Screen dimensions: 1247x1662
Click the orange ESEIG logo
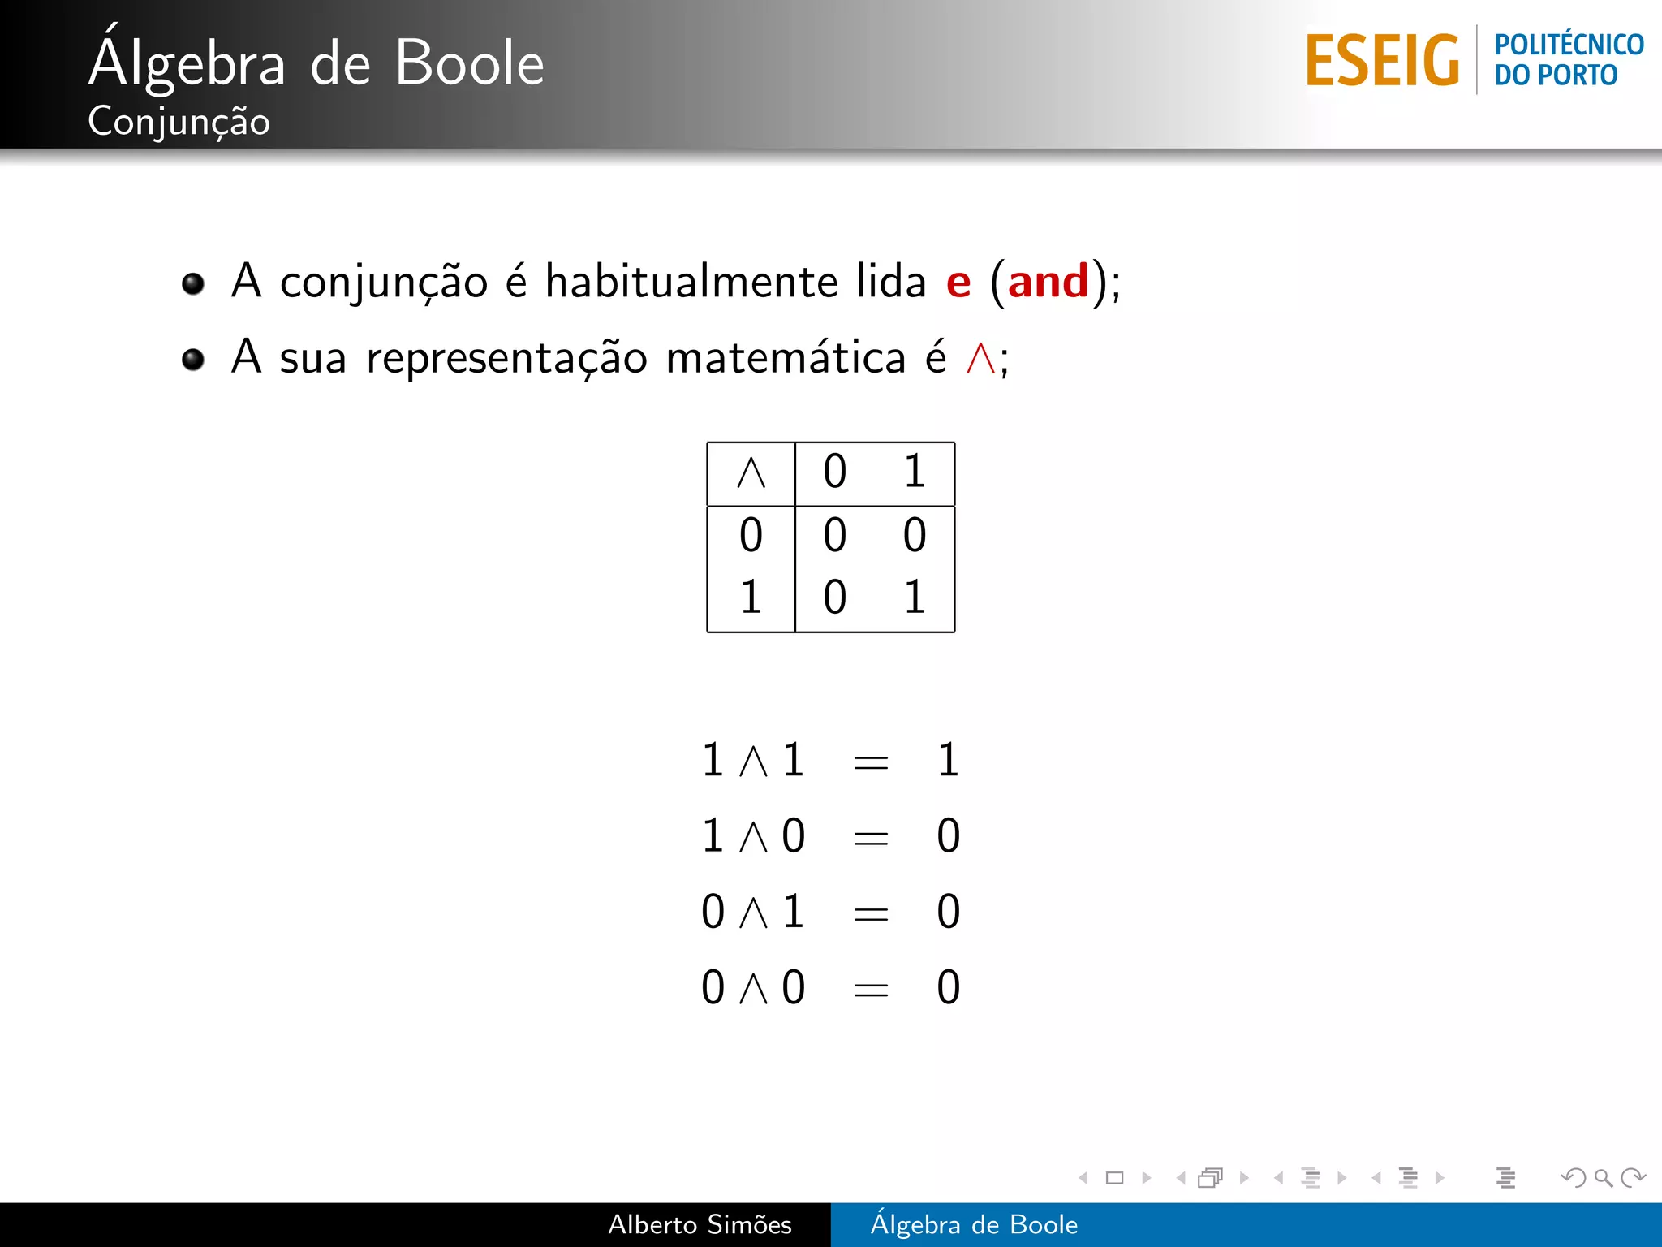click(1382, 60)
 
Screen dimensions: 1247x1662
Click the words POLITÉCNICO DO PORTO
click(1568, 59)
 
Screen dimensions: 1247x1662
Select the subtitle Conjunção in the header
click(179, 122)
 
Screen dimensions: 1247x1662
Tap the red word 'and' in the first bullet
click(1048, 282)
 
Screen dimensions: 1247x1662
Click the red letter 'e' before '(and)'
click(958, 283)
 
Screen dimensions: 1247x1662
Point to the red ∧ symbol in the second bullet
click(980, 358)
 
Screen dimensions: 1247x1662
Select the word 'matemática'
click(786, 358)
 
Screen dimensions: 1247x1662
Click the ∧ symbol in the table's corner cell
click(751, 472)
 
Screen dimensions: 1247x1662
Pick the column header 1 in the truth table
click(915, 472)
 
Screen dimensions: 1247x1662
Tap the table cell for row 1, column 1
click(915, 598)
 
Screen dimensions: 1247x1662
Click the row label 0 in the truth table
click(751, 536)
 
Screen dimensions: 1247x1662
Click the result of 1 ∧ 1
click(948, 761)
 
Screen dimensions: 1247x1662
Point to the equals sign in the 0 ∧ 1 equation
click(871, 913)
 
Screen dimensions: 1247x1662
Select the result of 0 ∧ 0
click(948, 988)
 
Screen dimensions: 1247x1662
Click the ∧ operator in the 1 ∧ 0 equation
click(754, 837)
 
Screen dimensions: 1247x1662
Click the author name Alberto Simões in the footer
click(700, 1224)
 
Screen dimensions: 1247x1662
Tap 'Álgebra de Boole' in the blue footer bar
click(974, 1224)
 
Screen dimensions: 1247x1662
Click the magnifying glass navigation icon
click(1603, 1177)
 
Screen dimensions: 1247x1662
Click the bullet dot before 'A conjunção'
click(193, 283)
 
